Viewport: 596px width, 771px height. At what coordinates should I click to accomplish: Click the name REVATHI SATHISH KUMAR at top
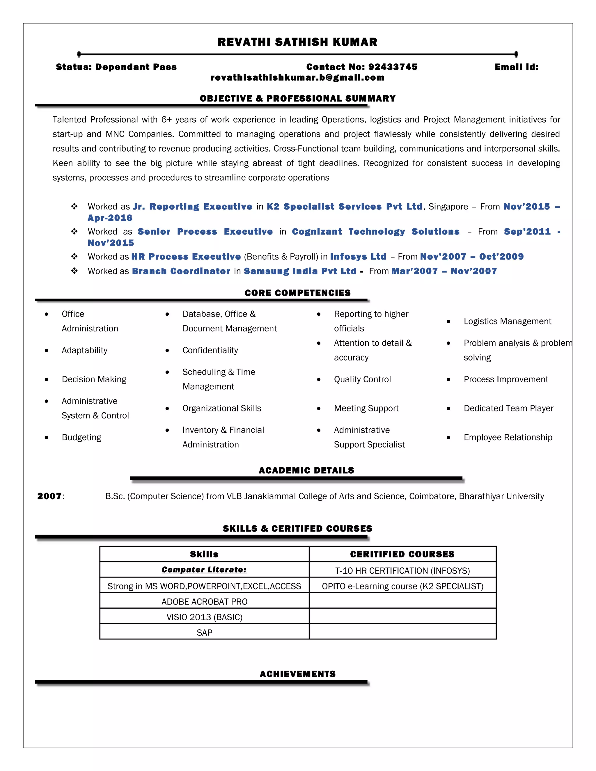point(297,42)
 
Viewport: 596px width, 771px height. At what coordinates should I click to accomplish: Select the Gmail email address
point(297,78)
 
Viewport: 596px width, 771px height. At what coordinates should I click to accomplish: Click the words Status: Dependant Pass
point(116,67)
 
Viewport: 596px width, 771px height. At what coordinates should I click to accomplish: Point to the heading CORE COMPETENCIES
point(297,293)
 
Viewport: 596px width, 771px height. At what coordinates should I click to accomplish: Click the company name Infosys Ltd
point(358,257)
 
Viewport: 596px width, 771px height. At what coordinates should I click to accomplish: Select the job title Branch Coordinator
point(181,271)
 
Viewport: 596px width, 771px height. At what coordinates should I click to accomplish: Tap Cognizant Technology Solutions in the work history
point(375,232)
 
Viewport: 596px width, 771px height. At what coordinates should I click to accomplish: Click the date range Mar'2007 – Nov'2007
point(444,271)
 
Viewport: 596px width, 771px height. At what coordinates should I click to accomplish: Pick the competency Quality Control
point(362,379)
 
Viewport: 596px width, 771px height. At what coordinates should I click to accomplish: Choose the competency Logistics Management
point(507,321)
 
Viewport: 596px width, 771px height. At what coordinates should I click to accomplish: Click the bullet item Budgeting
point(81,437)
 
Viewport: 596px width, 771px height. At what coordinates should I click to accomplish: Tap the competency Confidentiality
point(210,350)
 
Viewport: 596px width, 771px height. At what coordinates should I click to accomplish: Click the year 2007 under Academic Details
point(49,496)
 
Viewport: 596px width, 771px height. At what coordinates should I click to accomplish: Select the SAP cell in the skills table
point(204,633)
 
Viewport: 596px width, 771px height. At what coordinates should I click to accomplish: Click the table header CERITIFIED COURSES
point(402,554)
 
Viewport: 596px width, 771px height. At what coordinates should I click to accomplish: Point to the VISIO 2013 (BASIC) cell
point(204,617)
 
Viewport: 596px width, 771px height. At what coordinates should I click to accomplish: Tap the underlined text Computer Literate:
point(204,570)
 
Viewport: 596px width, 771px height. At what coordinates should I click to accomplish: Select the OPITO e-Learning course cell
point(402,586)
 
